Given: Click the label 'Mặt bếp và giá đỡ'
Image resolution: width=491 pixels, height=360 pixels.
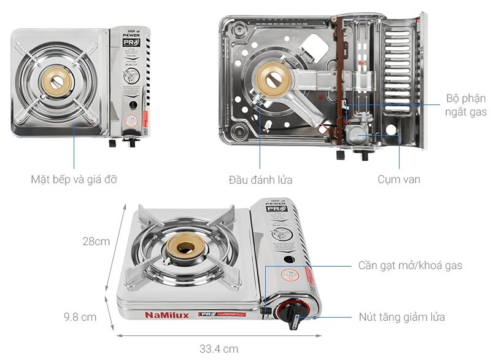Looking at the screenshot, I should tap(74, 180).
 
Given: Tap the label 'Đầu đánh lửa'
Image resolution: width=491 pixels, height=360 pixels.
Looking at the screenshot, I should tap(260, 180).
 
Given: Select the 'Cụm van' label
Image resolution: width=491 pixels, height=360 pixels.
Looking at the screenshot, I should tap(399, 180).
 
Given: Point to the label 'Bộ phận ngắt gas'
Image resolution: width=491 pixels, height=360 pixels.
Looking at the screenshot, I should tap(466, 105).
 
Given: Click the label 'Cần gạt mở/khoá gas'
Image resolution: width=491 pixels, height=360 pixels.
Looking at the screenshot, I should tap(410, 266).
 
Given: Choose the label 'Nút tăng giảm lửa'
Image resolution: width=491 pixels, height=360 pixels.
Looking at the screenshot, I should tap(401, 317).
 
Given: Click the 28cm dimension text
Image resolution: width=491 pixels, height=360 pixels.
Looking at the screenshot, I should tap(96, 241).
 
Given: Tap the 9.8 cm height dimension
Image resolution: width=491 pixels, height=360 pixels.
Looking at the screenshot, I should tap(80, 317).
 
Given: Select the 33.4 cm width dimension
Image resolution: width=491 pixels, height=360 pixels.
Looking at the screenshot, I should tap(218, 349).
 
